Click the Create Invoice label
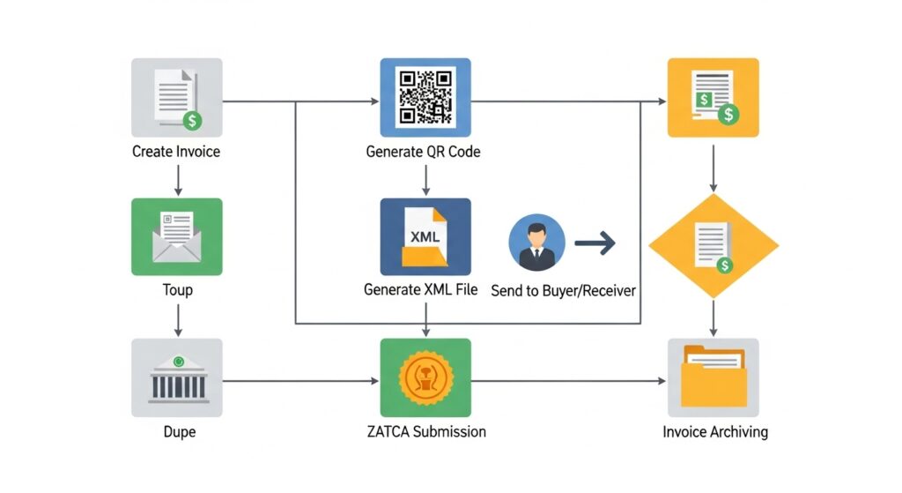[x=176, y=152]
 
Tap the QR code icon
[x=425, y=97]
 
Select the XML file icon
[x=425, y=236]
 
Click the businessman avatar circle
[x=536, y=242]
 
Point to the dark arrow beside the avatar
[x=595, y=242]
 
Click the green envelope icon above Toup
[x=176, y=236]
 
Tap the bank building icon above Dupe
[x=176, y=377]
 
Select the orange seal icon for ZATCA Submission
[x=425, y=377]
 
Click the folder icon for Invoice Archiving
[x=713, y=377]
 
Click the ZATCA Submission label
[x=425, y=432]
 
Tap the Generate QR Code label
[x=423, y=152]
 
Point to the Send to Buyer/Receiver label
[x=563, y=290]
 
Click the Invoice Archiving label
[x=714, y=432]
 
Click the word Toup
[x=177, y=289]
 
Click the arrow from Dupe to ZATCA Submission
[x=299, y=381]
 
